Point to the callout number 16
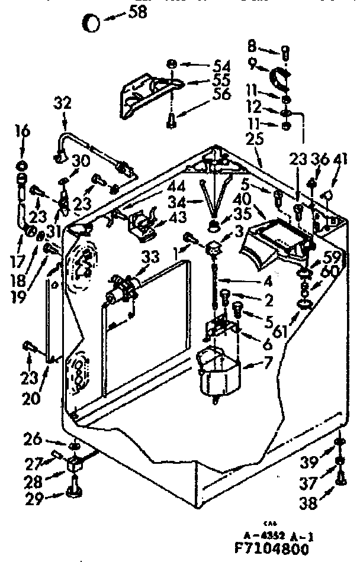click(x=21, y=131)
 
